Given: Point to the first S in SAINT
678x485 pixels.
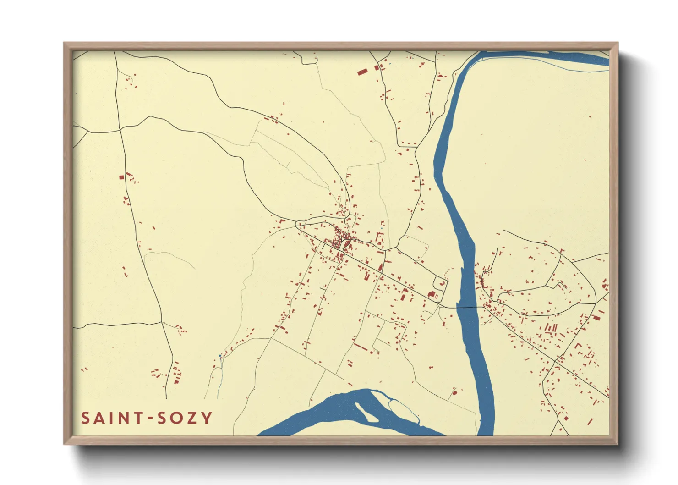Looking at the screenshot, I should point(86,418).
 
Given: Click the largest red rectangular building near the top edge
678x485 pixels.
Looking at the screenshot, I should point(362,72).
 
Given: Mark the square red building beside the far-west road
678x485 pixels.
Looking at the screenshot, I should point(121,177).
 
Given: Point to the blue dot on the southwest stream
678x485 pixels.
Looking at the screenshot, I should point(220,356).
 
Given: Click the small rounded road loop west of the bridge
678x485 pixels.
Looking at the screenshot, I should point(440,284).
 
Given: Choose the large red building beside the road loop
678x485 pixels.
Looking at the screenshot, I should point(431,294).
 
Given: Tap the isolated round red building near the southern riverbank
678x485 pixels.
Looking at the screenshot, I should point(454,392).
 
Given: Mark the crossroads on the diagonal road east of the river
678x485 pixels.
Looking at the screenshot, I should point(555,361).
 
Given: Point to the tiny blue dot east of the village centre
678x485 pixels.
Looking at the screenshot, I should point(382,227).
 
